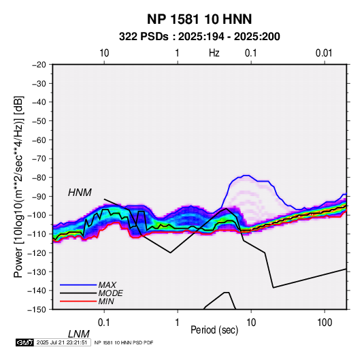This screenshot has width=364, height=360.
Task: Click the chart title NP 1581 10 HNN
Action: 199,19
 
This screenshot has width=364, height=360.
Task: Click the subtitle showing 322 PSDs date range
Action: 199,37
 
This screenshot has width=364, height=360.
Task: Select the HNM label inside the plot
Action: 80,193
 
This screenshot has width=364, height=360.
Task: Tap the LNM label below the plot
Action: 78,334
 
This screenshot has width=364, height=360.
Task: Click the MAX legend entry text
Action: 107,284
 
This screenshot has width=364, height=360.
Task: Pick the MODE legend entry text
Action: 110,293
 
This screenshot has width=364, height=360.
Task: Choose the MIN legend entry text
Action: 106,301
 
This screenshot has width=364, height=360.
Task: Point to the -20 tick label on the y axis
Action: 39,65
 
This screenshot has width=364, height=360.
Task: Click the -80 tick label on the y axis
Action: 39,178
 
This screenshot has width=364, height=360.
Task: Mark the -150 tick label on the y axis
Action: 37,310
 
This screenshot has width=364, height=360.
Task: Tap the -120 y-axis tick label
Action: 37,252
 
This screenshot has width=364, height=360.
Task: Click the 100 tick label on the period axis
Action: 325,323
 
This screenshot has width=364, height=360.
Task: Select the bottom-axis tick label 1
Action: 178,323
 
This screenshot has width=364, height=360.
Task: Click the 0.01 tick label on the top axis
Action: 324,53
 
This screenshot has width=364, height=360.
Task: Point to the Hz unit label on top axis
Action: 214,53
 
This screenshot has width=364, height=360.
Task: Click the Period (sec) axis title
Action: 214,330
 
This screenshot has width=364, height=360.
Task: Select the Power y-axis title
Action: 18,186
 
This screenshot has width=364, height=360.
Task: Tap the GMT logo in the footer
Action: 24,342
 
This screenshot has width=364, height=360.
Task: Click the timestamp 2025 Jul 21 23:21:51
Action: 62,342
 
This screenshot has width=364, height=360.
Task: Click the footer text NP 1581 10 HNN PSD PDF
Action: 124,342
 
